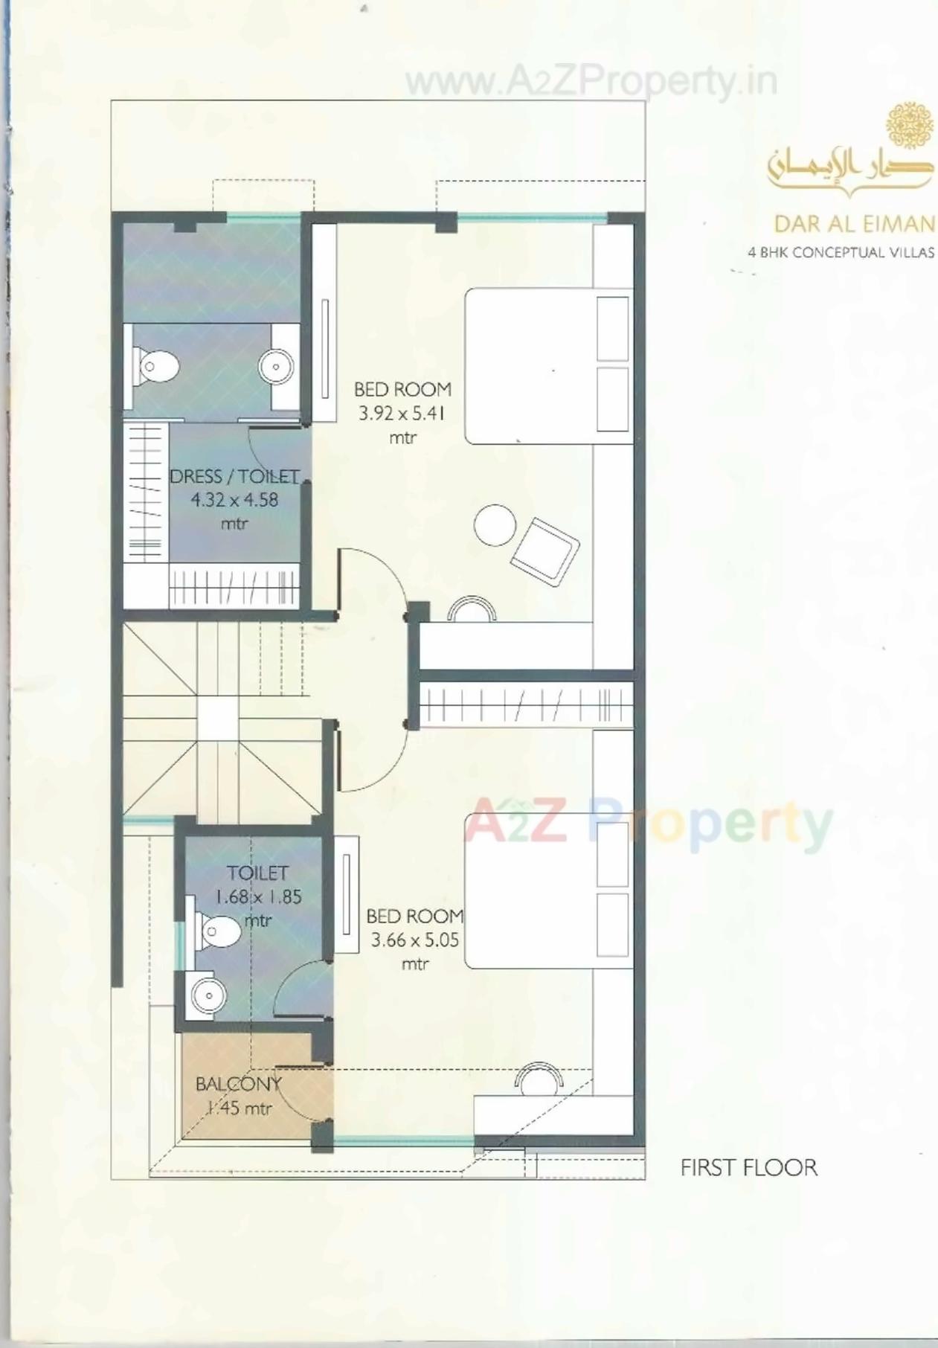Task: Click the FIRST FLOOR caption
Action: click(x=748, y=1167)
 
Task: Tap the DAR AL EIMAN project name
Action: click(x=854, y=223)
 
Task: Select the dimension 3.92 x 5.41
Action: click(x=402, y=414)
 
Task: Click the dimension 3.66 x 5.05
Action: click(x=414, y=940)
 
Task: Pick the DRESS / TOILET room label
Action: click(x=234, y=476)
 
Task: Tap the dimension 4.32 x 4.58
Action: click(x=234, y=500)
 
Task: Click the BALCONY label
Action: click(x=238, y=1084)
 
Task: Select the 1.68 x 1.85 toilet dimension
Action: click(x=258, y=896)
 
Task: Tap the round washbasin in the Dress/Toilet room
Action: click(x=276, y=366)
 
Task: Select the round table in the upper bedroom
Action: click(x=495, y=525)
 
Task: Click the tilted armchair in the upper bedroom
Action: click(x=545, y=551)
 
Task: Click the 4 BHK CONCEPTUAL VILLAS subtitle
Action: click(x=841, y=252)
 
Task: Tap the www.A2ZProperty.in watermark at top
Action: click(x=591, y=81)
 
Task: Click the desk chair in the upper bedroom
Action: click(x=472, y=609)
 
